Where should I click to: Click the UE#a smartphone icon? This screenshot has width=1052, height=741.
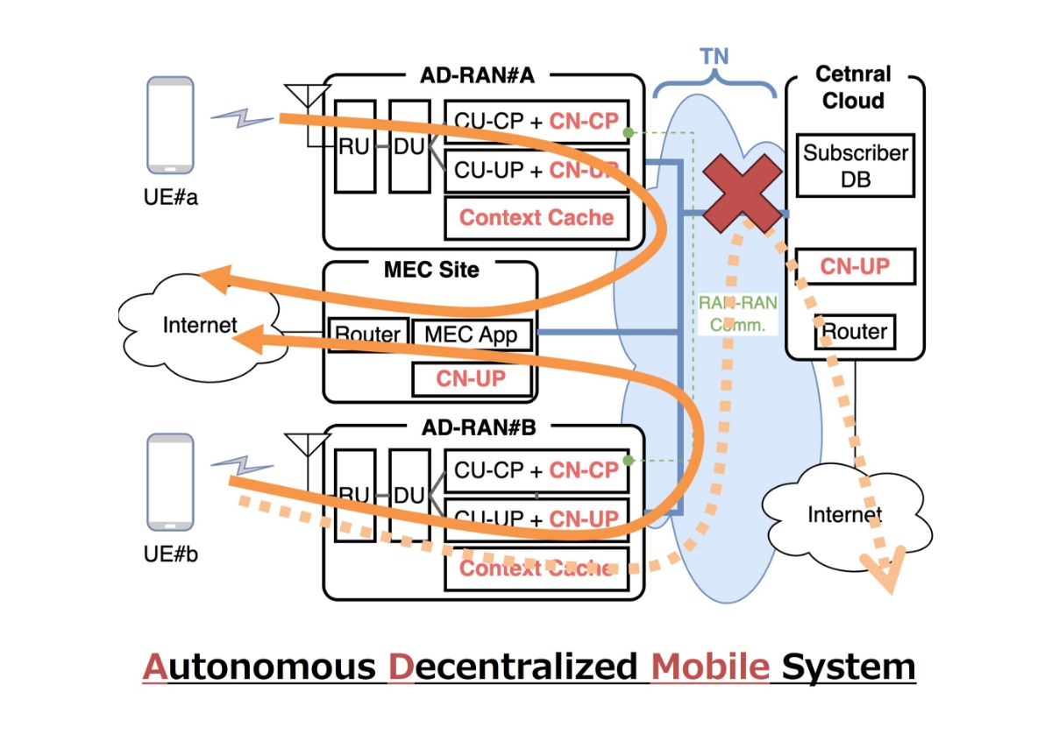(170, 125)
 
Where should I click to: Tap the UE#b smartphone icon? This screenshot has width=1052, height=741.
(170, 483)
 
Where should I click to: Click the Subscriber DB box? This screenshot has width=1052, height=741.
(856, 166)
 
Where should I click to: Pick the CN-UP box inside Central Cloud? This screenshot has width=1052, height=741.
(855, 266)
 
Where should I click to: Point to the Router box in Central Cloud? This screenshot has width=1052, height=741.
(855, 332)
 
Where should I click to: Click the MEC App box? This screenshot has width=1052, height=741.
(471, 334)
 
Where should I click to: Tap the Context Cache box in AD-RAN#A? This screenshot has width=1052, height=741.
(537, 217)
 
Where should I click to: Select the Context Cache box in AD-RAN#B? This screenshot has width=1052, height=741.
(537, 568)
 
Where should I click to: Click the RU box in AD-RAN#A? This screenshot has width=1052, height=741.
(354, 146)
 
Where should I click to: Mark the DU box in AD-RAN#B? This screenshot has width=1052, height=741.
(409, 495)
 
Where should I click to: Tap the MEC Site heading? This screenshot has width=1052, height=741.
(431, 269)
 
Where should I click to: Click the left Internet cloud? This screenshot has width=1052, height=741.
(199, 326)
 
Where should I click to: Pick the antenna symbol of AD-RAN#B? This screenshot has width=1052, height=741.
(309, 445)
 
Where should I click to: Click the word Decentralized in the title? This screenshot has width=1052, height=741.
(512, 667)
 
